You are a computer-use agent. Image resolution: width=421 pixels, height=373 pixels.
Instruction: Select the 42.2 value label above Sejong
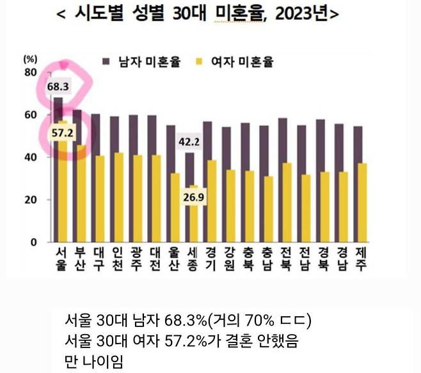tap(189, 142)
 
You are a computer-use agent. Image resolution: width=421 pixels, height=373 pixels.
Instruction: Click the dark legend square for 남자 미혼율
tap(109, 61)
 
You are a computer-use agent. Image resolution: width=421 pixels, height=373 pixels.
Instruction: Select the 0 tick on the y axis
tap(33, 242)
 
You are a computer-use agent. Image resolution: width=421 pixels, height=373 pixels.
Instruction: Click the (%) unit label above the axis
tap(30, 58)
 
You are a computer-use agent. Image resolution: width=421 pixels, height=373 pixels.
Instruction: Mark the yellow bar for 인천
tap(119, 198)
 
